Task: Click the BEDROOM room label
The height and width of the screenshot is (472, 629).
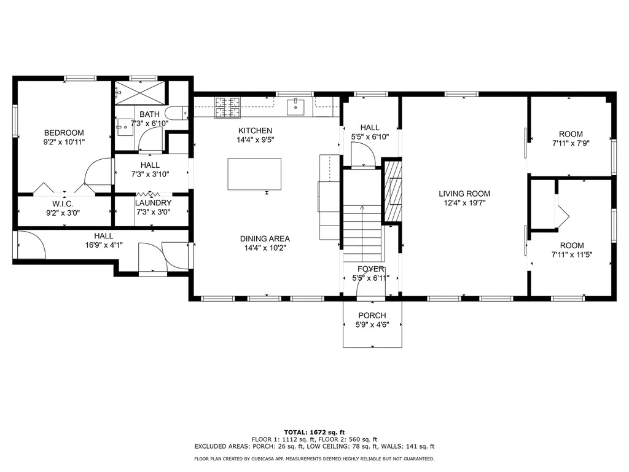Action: (64, 133)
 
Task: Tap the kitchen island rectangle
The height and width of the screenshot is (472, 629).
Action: (254, 175)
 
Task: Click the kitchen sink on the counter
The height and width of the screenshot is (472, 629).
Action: (296, 107)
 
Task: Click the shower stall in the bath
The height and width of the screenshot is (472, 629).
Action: (139, 92)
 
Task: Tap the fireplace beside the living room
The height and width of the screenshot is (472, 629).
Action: (393, 191)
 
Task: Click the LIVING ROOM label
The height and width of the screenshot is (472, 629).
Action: (464, 194)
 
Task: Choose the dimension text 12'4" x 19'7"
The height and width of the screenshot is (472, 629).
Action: (464, 203)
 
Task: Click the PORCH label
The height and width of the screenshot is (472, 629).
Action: (372, 315)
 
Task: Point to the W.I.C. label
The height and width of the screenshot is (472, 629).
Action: (64, 203)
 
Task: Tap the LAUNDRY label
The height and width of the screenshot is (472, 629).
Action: (153, 203)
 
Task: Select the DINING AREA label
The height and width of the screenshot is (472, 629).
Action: (265, 238)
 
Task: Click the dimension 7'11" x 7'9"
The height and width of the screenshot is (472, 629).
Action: (571, 144)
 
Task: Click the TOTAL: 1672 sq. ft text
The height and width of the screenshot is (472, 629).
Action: (314, 432)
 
